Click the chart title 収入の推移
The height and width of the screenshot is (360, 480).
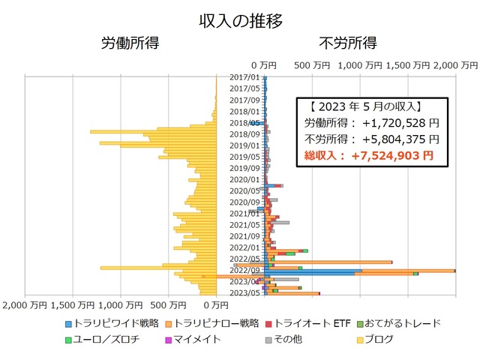pos(241,20)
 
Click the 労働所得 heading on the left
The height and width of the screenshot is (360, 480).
pos(130,43)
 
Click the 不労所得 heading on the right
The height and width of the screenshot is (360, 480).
pos(348,43)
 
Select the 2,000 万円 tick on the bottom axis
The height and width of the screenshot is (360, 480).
pos(25,305)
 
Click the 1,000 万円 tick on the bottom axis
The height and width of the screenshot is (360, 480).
pos(121,305)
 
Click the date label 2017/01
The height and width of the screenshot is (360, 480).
pos(244,77)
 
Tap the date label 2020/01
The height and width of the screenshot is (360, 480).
pos(244,179)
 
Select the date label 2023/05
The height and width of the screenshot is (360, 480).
pos(244,292)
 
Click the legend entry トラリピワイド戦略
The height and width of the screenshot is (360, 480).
pos(112,323)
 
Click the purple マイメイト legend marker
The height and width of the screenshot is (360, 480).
pos(168,340)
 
